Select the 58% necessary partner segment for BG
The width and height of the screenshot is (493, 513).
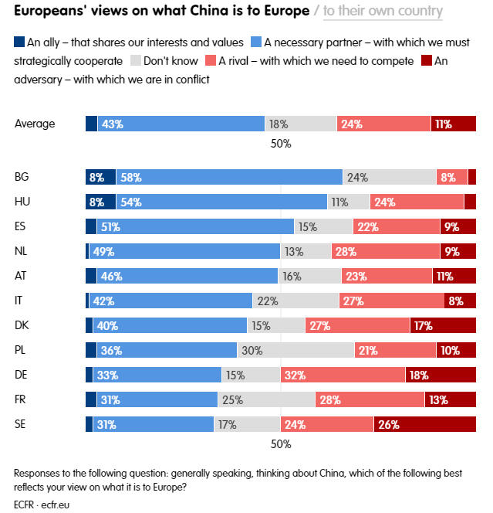pos(229,177)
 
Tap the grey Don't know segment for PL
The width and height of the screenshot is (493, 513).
pos(295,350)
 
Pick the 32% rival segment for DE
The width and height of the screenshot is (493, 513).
pos(343,375)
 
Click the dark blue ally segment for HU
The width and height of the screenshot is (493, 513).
pos(100,202)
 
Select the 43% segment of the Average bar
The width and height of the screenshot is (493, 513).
pos(181,124)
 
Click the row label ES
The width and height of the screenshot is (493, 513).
pos(22,226)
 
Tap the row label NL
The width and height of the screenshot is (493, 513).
pos(22,251)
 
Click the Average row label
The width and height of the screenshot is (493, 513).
pos(35,124)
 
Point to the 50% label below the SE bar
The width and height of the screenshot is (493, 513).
pos(281,444)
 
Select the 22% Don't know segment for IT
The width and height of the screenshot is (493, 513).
pos(295,301)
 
